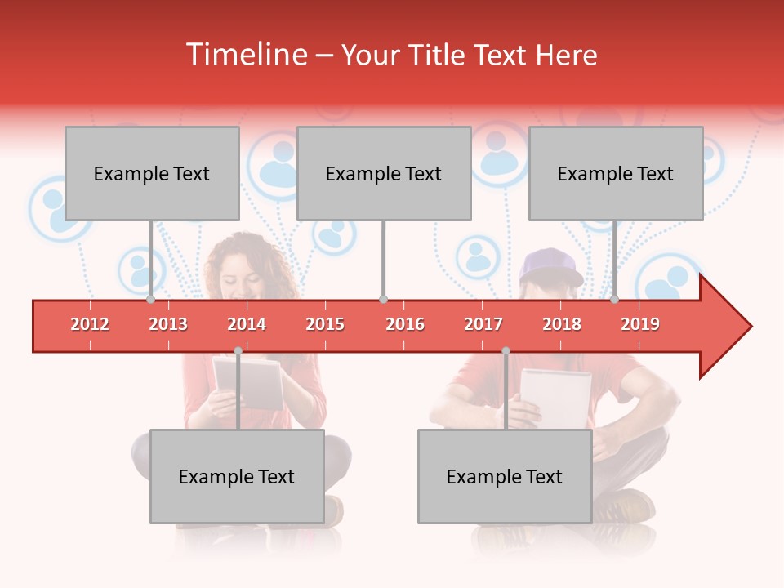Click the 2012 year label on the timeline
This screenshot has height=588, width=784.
[90, 325]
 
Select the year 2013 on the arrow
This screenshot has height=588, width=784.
[168, 325]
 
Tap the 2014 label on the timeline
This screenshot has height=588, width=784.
[247, 325]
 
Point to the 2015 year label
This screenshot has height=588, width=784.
[325, 325]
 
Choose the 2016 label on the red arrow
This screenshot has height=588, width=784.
[405, 325]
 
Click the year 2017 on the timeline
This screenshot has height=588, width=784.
[483, 325]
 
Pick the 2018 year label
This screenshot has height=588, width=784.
[562, 325]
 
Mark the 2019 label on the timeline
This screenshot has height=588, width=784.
[640, 325]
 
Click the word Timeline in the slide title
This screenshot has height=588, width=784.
[247, 56]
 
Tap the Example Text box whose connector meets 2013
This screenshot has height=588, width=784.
[152, 173]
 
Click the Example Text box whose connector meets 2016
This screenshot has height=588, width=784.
[384, 173]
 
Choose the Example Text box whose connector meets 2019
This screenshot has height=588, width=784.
[616, 173]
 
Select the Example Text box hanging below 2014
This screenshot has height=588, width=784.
[237, 476]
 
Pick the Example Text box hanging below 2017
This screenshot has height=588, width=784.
[505, 476]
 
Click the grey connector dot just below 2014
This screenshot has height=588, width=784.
[238, 350]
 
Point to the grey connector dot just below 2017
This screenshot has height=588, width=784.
[506, 350]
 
